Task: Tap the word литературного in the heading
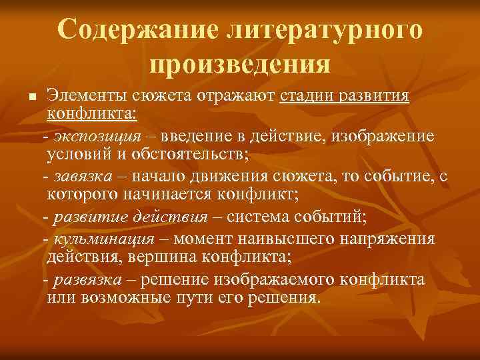325,29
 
